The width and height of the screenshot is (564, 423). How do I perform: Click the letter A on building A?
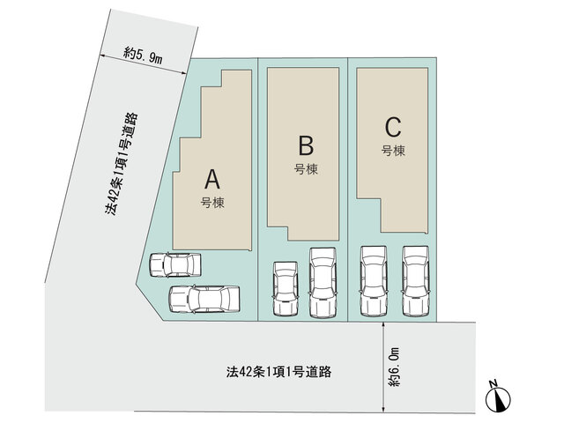pos(212,180)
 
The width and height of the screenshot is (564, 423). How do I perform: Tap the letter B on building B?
pos(306,145)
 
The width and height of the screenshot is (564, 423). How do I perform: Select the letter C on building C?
pos(393,127)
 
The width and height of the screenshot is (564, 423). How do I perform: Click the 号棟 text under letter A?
pos(212,203)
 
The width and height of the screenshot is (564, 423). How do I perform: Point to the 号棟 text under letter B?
pos(306,169)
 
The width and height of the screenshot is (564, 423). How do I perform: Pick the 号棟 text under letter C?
pos(393,151)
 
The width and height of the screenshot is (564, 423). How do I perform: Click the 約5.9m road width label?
pos(143,56)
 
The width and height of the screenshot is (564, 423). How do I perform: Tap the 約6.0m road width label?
pos(394,367)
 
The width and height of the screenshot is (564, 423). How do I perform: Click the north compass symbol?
pos(498,397)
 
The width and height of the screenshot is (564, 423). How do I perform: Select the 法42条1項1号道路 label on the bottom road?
pos(278,372)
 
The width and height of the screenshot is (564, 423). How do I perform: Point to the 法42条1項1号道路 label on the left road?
pos(122,164)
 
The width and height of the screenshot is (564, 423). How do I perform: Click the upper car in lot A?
pos(175,265)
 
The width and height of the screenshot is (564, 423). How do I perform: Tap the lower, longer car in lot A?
pos(204,299)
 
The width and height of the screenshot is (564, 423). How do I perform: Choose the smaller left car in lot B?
pos(286,289)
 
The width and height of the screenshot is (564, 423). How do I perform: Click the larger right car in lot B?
pos(323,283)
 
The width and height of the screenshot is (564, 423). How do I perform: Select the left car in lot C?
pos(374,281)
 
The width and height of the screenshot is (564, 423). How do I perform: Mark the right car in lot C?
pos(416,281)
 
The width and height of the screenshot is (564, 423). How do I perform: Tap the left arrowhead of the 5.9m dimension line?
pos(102,56)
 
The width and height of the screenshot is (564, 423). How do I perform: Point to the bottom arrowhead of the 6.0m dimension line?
pos(384,410)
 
